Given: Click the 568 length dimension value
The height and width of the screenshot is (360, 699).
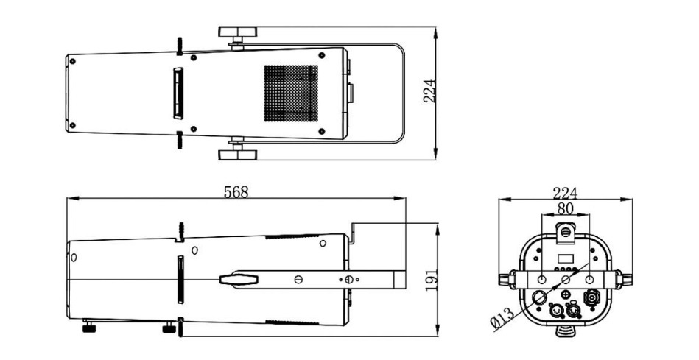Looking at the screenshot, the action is click(x=236, y=192).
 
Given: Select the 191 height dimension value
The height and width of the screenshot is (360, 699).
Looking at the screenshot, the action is click(x=431, y=280).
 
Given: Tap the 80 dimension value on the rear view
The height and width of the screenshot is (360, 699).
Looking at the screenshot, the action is click(x=565, y=208).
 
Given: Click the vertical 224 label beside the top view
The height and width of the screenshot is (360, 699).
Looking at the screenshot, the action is click(x=429, y=91).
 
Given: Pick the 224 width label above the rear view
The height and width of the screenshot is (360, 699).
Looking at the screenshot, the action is click(x=565, y=194).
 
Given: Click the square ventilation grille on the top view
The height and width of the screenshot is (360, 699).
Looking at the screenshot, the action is click(x=291, y=93).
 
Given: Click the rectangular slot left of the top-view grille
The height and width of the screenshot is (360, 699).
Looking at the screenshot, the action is click(x=178, y=93).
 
